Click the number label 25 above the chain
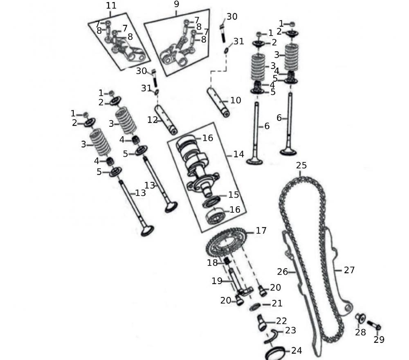click(x=301, y=166)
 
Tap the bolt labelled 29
click(x=374, y=325)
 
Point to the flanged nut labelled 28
click(x=360, y=318)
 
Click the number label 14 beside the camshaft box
click(x=238, y=154)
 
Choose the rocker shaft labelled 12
click(x=166, y=119)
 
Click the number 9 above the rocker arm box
click(x=176, y=4)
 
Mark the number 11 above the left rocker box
click(x=111, y=6)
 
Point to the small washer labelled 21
click(x=255, y=306)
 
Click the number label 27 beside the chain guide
click(x=349, y=270)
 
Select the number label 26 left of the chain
click(x=283, y=272)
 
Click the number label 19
click(x=217, y=281)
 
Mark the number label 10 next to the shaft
click(x=236, y=101)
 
